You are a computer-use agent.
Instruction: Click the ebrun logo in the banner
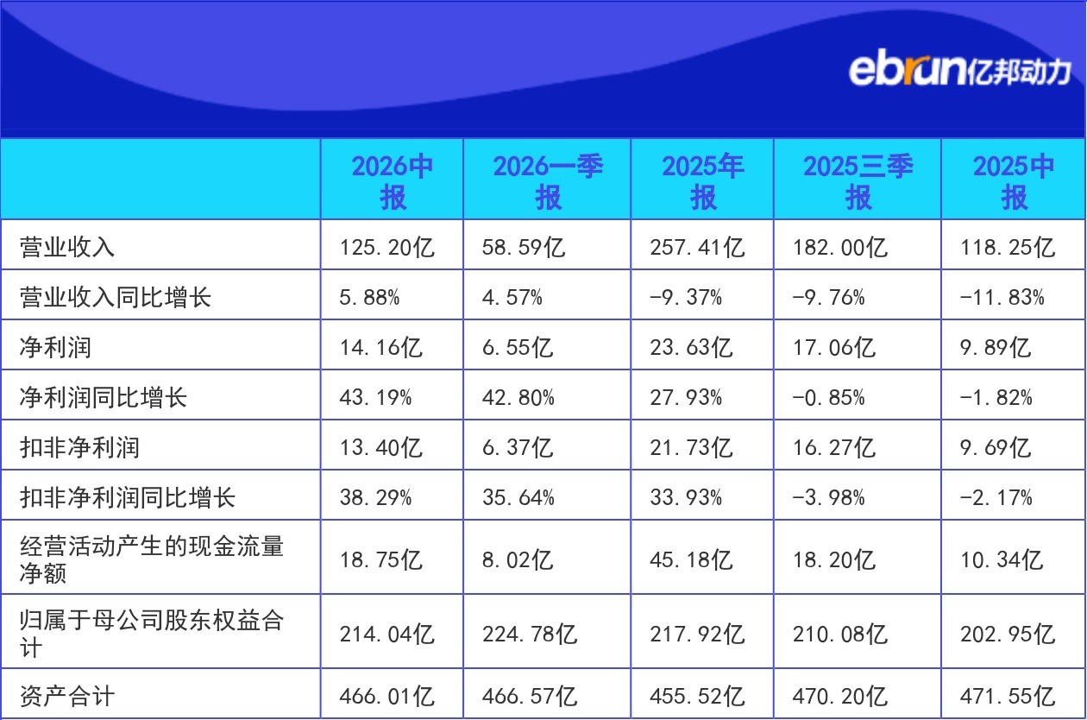tap(959, 72)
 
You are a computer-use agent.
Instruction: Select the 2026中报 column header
tap(392, 181)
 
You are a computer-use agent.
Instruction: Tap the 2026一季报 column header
tap(548, 181)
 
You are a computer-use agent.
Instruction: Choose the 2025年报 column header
tap(702, 181)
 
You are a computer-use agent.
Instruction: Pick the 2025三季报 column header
tap(858, 181)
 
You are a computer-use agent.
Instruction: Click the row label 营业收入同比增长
tap(116, 297)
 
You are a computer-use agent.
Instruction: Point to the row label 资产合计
tap(67, 696)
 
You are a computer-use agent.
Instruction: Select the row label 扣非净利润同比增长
tap(128, 497)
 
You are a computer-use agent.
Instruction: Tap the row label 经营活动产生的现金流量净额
tap(152, 559)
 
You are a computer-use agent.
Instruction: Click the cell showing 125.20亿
tap(386, 247)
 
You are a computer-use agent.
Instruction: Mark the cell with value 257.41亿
tap(697, 247)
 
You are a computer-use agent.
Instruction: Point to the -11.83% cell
tap(1002, 297)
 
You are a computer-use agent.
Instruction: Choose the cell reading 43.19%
tap(375, 398)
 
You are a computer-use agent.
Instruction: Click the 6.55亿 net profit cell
tap(518, 348)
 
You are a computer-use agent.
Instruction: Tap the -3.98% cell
tap(828, 497)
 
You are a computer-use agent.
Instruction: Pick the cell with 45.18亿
tap(690, 559)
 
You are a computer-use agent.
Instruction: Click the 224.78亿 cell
tap(530, 634)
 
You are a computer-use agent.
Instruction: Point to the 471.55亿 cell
tap(1007, 696)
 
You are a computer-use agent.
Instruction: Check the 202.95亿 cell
tap(1007, 634)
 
